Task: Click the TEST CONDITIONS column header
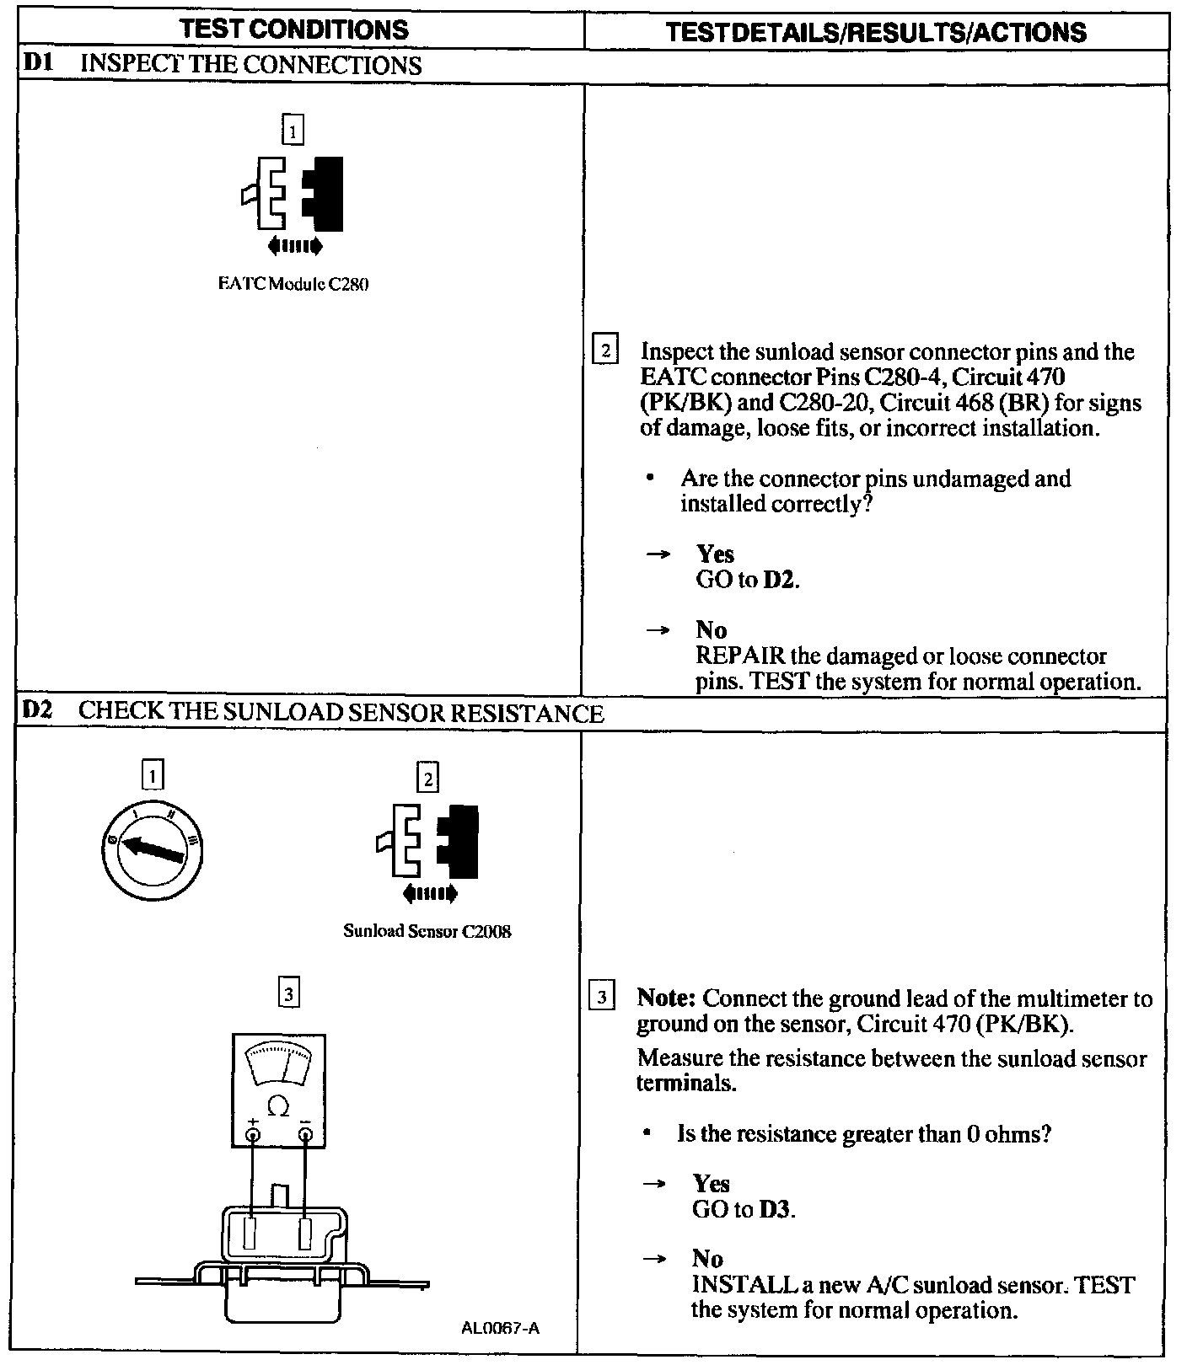[x=294, y=30]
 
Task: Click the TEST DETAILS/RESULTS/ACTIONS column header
[x=876, y=32]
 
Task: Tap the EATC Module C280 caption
[x=293, y=284]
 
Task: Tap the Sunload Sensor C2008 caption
[x=427, y=931]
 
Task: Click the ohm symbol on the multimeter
[x=278, y=1106]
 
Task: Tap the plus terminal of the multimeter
[x=252, y=1135]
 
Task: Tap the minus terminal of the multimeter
[x=305, y=1135]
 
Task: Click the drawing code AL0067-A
[x=500, y=1329]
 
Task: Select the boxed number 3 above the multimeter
[x=288, y=994]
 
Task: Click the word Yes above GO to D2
[x=715, y=554]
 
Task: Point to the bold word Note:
[x=666, y=998]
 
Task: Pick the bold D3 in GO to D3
[x=775, y=1209]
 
